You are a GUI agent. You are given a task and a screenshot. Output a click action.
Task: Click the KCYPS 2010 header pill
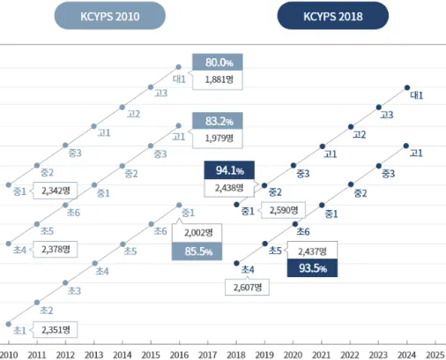(x=110, y=16)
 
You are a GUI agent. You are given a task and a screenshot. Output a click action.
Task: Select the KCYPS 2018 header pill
(x=333, y=16)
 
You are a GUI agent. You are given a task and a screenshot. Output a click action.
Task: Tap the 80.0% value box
(x=218, y=62)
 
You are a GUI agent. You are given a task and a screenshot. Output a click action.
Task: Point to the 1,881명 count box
(x=218, y=79)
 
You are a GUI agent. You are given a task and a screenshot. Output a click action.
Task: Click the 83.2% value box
(x=218, y=121)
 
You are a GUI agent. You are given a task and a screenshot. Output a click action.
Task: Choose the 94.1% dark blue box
(x=229, y=170)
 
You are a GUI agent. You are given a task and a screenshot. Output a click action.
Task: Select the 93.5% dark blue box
(x=312, y=268)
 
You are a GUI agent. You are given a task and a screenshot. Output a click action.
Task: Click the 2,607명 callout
(x=247, y=287)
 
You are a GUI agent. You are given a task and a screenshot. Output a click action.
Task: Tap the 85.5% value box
(x=197, y=251)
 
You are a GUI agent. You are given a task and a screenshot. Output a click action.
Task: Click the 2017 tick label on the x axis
(x=207, y=355)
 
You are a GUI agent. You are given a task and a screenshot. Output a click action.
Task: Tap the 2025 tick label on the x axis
(x=435, y=355)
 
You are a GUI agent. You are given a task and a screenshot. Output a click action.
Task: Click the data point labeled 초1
(x=9, y=324)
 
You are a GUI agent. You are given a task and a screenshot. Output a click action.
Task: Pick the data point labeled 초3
(x=65, y=282)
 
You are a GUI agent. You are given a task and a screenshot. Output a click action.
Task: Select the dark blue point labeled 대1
(x=407, y=87)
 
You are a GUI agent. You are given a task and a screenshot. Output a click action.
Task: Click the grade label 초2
(x=47, y=311)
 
